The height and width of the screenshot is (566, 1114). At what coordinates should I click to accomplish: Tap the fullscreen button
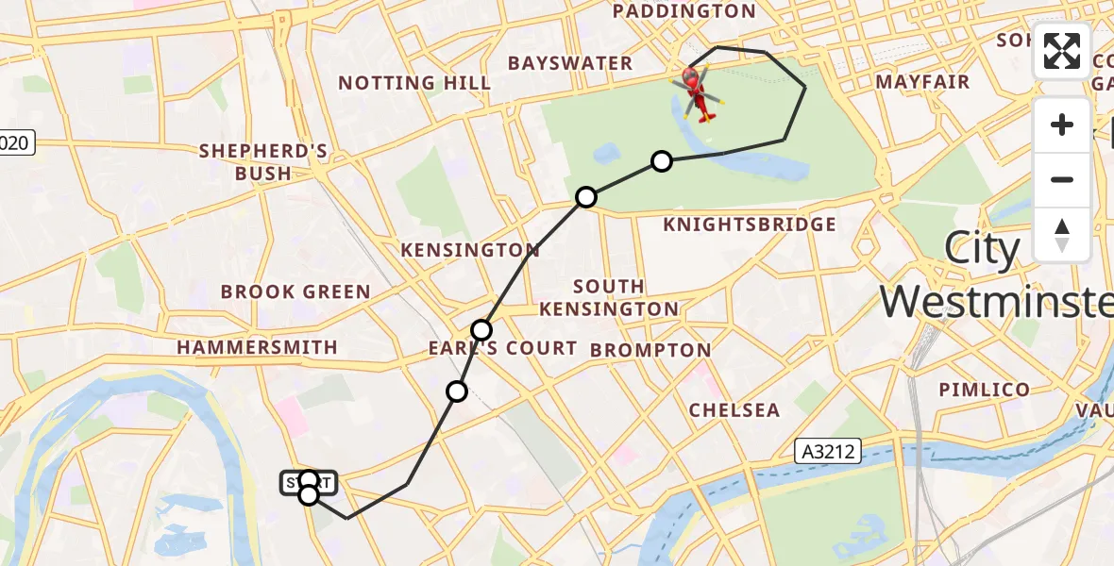click(x=1062, y=51)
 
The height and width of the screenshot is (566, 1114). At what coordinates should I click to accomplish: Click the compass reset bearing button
click(x=1062, y=234)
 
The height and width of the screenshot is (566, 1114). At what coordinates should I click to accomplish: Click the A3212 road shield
click(x=829, y=452)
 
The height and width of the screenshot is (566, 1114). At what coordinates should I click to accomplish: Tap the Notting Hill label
click(x=414, y=83)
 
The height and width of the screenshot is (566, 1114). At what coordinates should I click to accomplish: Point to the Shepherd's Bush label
click(x=263, y=162)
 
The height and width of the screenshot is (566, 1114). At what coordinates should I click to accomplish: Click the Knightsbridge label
click(x=750, y=225)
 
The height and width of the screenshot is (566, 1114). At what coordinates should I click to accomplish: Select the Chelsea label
click(x=734, y=410)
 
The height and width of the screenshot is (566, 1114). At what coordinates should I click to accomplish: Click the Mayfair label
click(x=922, y=82)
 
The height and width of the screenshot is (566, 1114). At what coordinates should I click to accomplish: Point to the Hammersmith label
click(x=257, y=347)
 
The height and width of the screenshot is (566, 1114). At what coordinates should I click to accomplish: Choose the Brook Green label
click(x=295, y=291)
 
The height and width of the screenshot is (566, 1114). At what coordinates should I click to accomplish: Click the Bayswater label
click(x=570, y=63)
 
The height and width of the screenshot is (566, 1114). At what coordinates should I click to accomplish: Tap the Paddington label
click(x=684, y=11)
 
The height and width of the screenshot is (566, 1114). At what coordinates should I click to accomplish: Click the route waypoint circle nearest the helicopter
click(x=662, y=161)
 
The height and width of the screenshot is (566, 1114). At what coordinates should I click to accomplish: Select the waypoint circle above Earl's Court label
click(x=481, y=329)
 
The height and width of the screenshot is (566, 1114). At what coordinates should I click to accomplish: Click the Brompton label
click(x=650, y=351)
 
